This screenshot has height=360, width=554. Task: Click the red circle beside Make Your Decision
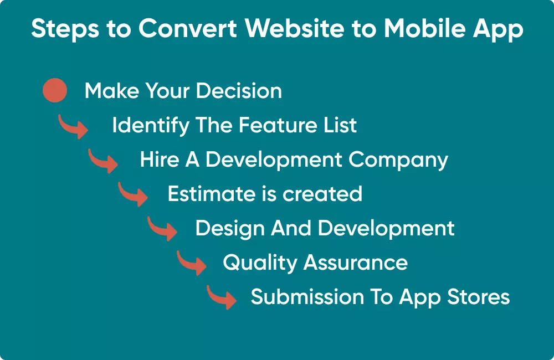tap(55, 91)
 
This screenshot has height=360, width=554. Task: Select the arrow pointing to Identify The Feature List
tap(73, 127)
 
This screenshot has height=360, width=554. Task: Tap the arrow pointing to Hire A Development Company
tap(103, 161)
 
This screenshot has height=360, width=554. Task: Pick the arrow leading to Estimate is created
tap(133, 195)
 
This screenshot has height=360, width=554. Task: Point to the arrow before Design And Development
tap(162, 229)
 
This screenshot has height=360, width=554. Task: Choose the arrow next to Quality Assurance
tap(192, 263)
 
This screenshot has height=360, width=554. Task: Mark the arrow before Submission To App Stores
tap(222, 297)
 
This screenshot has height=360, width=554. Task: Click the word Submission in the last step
tap(304, 297)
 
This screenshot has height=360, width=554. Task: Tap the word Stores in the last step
tap(480, 297)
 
